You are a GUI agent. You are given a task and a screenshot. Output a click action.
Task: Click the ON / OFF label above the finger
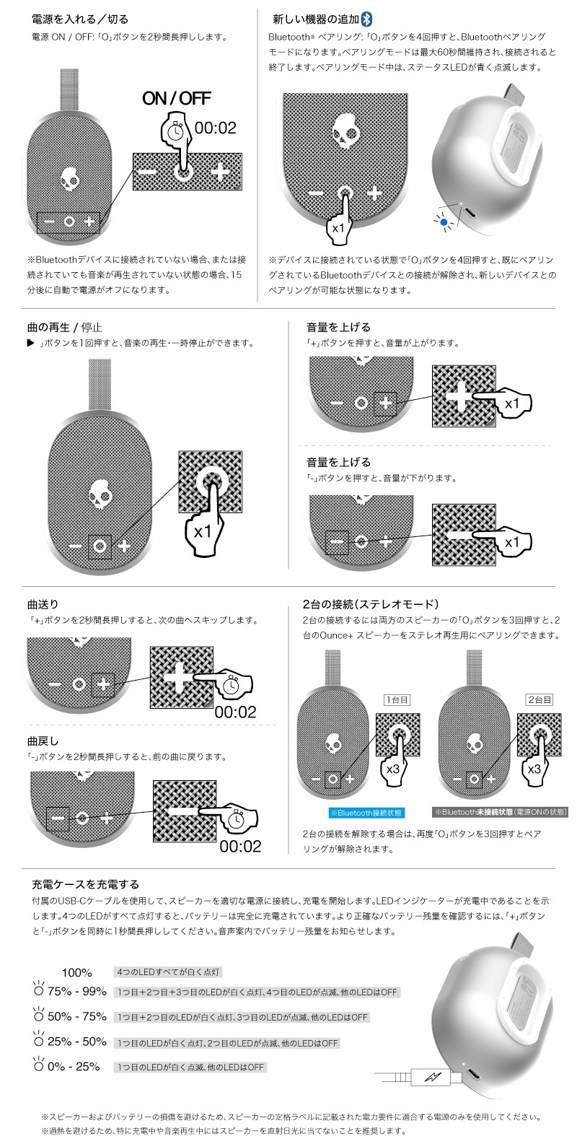tap(176, 99)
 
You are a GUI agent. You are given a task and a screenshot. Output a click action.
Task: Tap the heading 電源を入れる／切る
tap(81, 19)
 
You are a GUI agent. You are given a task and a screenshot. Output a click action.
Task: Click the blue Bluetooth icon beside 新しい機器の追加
tap(367, 19)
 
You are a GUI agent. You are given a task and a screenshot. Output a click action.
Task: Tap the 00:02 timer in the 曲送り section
tap(235, 712)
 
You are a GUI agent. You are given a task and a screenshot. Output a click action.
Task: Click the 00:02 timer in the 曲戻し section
tap(240, 846)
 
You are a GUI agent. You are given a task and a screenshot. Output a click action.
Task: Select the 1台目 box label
tap(397, 699)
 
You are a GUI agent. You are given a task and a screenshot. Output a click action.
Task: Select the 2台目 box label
tap(539, 699)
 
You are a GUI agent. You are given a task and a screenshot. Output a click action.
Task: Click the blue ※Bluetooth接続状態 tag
tap(366, 812)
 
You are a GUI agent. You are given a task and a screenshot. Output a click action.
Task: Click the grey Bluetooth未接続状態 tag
tap(500, 812)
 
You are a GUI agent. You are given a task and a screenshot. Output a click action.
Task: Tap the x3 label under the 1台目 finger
tap(393, 769)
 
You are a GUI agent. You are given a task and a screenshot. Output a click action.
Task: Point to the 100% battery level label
tap(77, 972)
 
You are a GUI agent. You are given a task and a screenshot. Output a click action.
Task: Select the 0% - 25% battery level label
tap(74, 1066)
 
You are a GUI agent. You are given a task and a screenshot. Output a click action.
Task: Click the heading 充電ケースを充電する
tap(86, 883)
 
